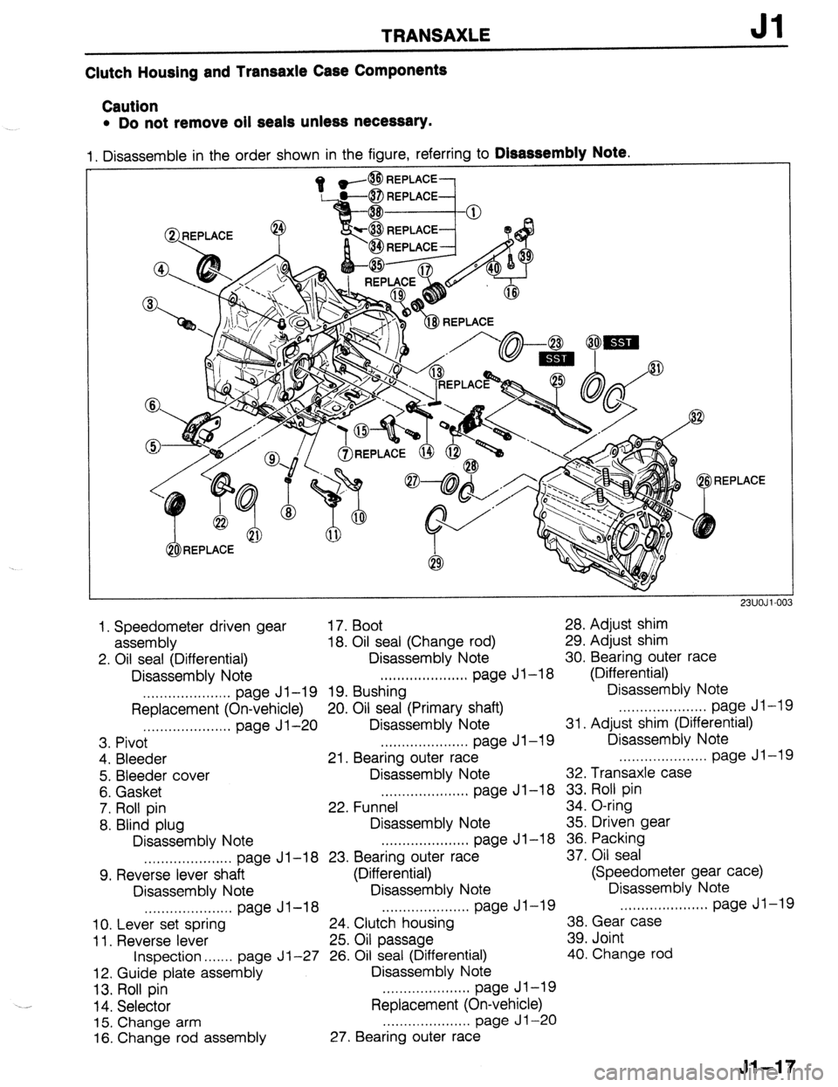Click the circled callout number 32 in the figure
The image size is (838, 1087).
tap(697, 415)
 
